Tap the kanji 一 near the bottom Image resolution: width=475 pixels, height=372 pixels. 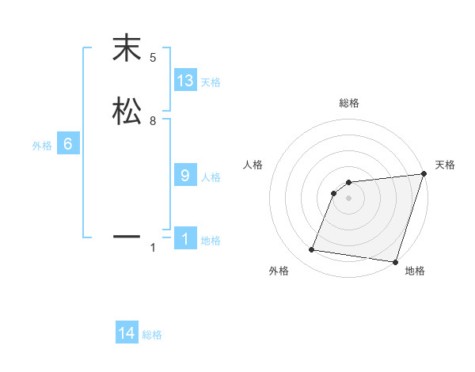pyautogui.click(x=127, y=236)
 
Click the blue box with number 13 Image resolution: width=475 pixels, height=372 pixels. pyautogui.click(x=185, y=80)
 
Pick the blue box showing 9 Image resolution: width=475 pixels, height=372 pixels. pyautogui.click(x=185, y=175)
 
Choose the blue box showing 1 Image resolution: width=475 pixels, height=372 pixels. pyautogui.click(x=185, y=238)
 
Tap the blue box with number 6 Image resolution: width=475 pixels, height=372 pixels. pyautogui.click(x=68, y=144)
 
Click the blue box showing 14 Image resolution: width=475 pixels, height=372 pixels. pyautogui.click(x=127, y=333)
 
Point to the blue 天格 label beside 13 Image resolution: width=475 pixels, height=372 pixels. pyautogui.click(x=211, y=82)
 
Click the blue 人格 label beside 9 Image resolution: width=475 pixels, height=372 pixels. pyautogui.click(x=211, y=177)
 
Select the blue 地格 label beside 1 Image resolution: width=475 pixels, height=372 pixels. pyautogui.click(x=211, y=241)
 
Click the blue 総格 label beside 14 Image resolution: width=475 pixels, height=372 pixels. pyautogui.click(x=152, y=336)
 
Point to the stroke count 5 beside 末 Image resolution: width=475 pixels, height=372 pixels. pyautogui.click(x=153, y=58)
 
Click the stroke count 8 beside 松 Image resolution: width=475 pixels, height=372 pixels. pyautogui.click(x=153, y=121)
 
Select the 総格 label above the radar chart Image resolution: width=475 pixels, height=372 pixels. pyautogui.click(x=348, y=103)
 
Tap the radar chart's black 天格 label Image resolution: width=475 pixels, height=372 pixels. pyautogui.click(x=445, y=165)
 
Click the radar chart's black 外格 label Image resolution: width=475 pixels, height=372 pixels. pyautogui.click(x=279, y=271)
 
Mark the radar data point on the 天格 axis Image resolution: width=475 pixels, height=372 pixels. pyautogui.click(x=424, y=174)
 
